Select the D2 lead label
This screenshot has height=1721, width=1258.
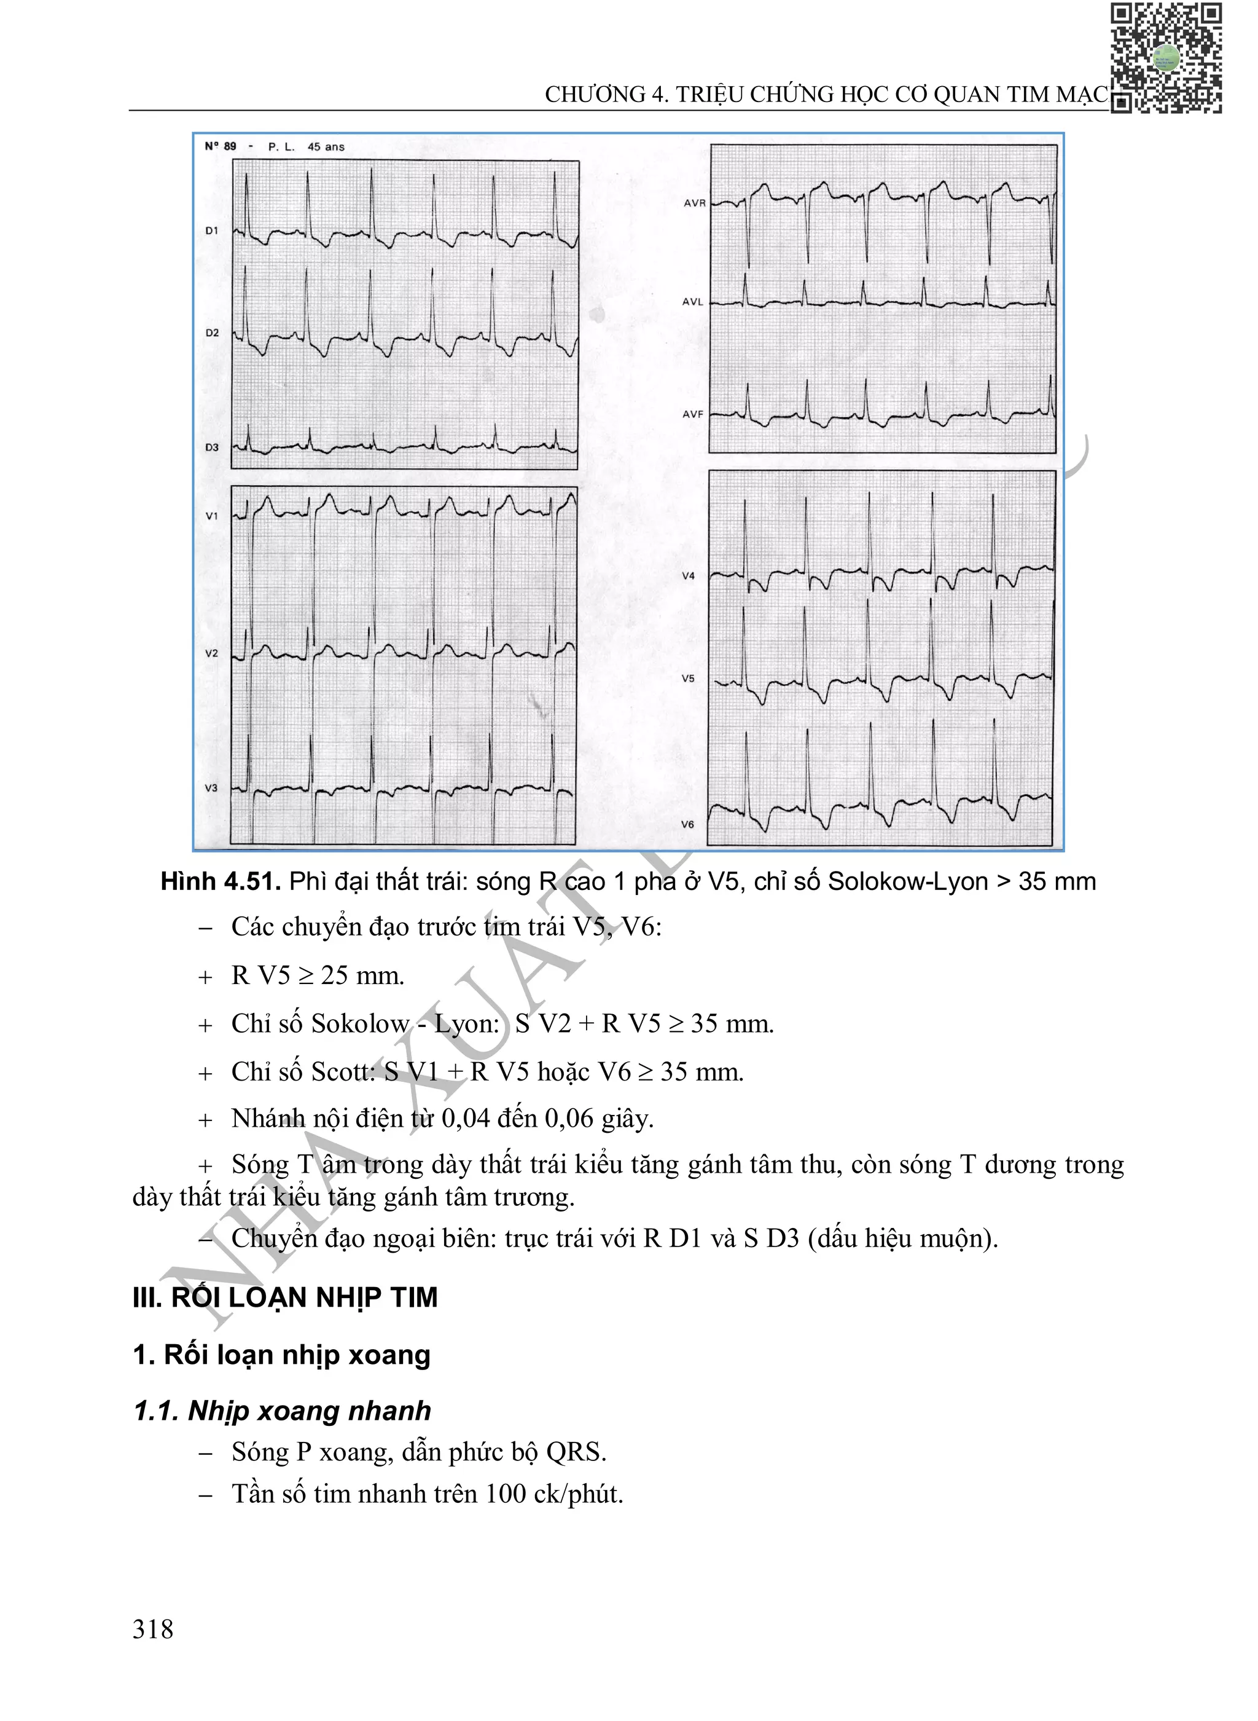point(212,333)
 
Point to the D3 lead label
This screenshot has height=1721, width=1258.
point(212,447)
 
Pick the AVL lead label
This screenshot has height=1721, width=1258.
point(693,302)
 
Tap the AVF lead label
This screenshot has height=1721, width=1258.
point(693,414)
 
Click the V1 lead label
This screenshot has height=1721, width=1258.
point(212,516)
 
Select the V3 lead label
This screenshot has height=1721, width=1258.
point(211,788)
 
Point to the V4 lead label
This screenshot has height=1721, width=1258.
point(689,576)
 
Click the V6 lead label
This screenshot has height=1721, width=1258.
point(687,824)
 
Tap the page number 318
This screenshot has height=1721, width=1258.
point(153,1629)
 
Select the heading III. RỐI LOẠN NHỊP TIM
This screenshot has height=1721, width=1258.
point(285,1297)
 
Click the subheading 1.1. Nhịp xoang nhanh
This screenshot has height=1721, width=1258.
point(282,1411)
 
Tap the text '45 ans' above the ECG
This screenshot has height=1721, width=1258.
point(326,147)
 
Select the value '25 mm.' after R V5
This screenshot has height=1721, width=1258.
point(362,975)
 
